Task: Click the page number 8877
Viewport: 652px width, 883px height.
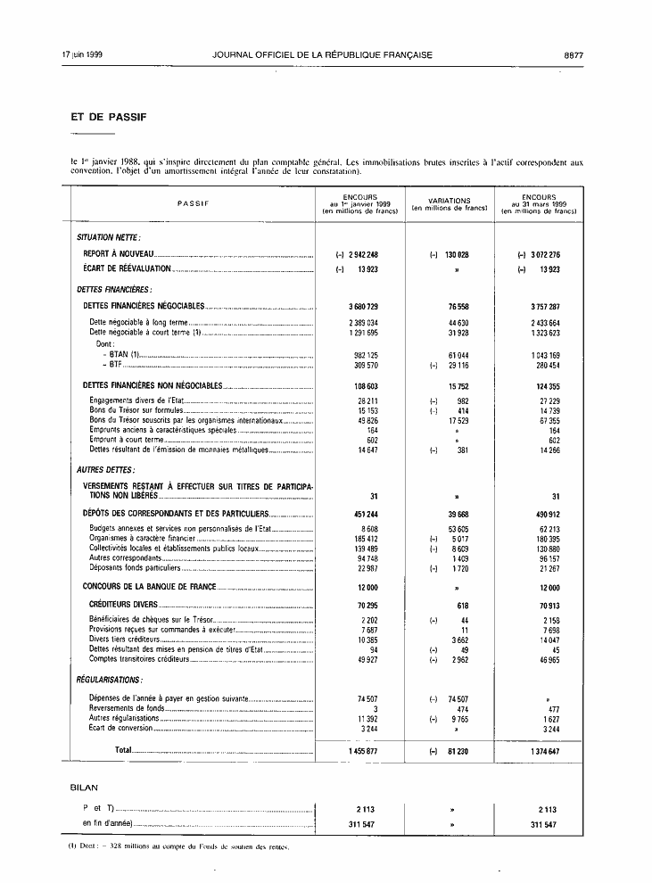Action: point(574,55)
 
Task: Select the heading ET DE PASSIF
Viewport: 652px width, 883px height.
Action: point(109,117)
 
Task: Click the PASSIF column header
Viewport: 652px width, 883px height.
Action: point(193,203)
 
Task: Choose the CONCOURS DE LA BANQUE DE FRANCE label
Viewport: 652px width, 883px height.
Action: point(149,588)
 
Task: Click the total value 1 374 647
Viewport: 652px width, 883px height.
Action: point(541,752)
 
